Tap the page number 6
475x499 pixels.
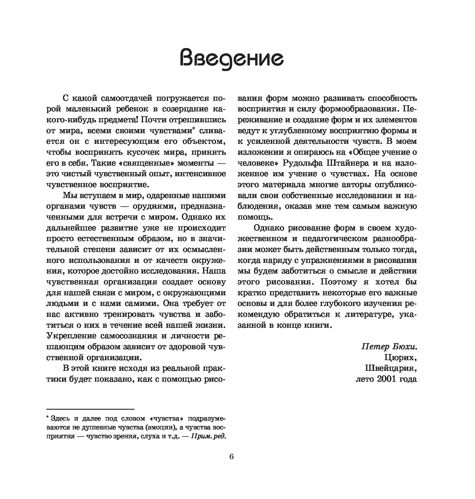coord(231,457)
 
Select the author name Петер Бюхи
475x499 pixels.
coord(389,347)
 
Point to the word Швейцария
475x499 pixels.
coord(391,368)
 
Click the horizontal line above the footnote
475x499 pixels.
coord(90,409)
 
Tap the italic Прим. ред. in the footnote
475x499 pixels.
coord(208,437)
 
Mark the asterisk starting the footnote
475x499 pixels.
coord(48,417)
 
